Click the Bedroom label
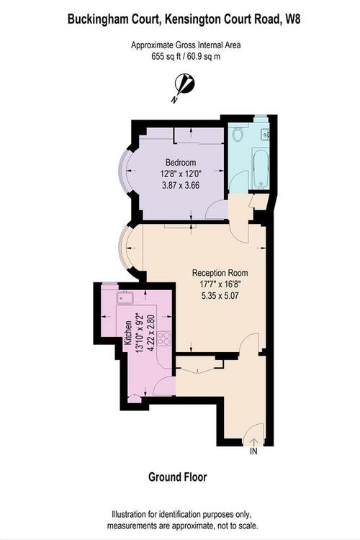pos(181,162)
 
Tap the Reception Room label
pos(220,273)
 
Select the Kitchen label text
pos(128,333)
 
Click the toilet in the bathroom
pos(238,134)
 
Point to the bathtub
pos(260,168)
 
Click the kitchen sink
pos(125,297)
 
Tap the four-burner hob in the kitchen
pos(164,338)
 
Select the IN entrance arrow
pos(253,441)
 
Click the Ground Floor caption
pos(177,477)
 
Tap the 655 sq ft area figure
pos(166,56)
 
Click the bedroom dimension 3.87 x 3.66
pos(181,185)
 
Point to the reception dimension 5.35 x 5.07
pos(220,295)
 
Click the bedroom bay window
pos(122,171)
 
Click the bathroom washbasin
pos(265,134)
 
